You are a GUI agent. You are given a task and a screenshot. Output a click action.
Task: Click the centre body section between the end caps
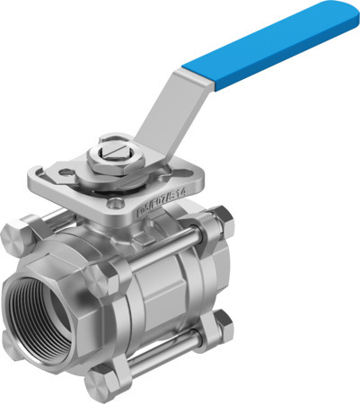(x=166, y=287)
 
